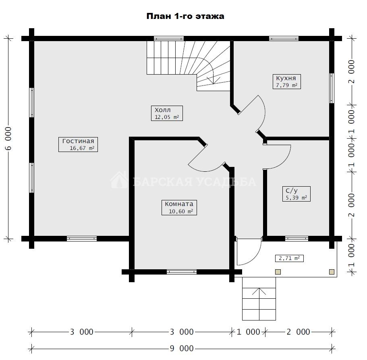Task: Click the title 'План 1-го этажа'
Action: [185, 16]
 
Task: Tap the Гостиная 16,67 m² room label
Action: [78, 144]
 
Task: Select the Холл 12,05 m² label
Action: [167, 113]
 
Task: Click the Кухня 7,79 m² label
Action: [287, 81]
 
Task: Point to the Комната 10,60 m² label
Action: [179, 208]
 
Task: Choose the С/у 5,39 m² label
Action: [297, 194]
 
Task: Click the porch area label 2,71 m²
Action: [289, 258]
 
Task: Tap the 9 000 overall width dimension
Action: [182, 348]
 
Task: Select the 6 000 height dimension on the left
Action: [8, 138]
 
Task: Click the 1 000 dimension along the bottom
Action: [248, 332]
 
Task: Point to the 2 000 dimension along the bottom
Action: [298, 332]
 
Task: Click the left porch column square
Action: [278, 272]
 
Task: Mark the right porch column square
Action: [332, 272]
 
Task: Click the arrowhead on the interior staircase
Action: [214, 81]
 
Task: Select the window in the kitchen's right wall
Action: [332, 88]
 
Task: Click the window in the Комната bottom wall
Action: [182, 272]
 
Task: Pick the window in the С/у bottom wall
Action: [297, 239]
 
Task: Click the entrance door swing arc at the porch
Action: [255, 258]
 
